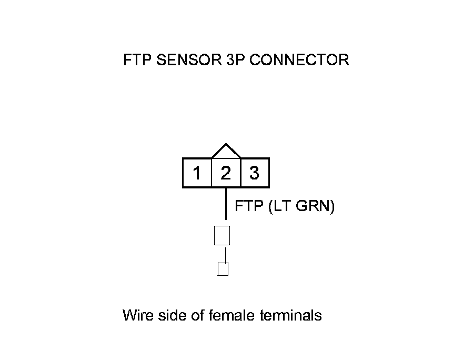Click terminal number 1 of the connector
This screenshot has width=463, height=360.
click(197, 173)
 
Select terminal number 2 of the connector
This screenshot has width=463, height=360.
click(226, 173)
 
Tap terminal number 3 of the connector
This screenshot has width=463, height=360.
click(255, 173)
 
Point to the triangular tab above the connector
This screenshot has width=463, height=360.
click(226, 152)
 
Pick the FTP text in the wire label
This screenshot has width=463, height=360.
click(249, 206)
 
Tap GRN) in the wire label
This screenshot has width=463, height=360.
click(316, 206)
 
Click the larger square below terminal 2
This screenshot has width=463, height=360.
click(222, 235)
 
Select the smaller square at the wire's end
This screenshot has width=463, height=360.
click(223, 269)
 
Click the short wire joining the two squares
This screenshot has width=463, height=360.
click(226, 254)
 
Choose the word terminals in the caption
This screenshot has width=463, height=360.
click(291, 315)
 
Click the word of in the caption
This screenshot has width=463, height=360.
click(195, 315)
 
